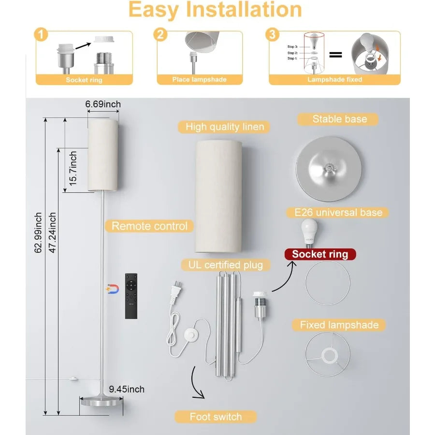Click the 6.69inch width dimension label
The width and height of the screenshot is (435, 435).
[102, 104]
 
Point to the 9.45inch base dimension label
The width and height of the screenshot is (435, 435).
[127, 389]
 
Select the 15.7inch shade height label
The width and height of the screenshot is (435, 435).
[73, 169]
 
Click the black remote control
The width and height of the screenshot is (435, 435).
[131, 296]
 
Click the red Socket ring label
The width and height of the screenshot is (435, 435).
[320, 254]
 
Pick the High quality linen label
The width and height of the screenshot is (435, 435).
[225, 127]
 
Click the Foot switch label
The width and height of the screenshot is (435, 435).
[216, 417]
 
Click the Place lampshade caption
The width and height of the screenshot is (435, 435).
[199, 79]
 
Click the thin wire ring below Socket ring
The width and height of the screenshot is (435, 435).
[328, 283]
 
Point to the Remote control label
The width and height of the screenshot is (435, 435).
[150, 226]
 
